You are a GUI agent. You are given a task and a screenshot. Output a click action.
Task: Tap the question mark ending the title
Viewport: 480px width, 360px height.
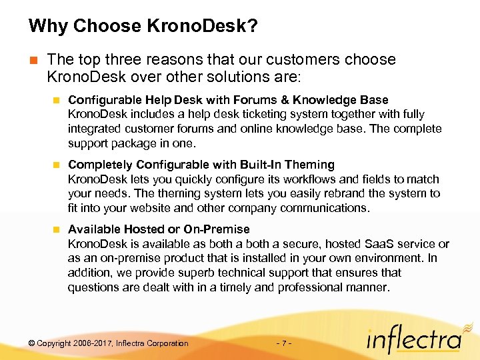pos(253,27)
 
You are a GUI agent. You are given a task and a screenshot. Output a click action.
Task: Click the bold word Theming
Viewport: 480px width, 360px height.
pos(309,165)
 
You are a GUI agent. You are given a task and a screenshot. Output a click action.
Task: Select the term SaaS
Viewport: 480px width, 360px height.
pos(362,244)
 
